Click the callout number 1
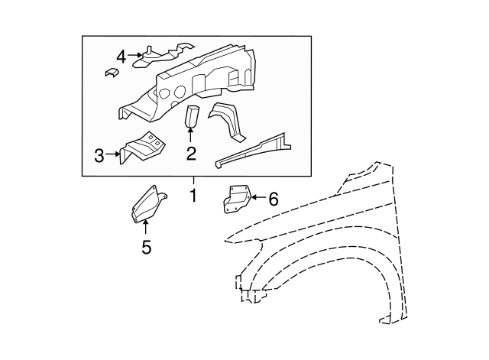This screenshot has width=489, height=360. coord(193,196)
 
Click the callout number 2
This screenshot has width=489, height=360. coord(191,154)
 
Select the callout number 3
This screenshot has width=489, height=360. coord(99,156)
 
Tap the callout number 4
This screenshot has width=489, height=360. coord(121,56)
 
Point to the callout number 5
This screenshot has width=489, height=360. coord(146,247)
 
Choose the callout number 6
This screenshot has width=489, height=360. coord(273,199)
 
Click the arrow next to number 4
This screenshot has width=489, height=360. coord(136,55)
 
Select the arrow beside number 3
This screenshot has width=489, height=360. coord(115,154)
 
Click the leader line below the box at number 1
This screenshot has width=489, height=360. coord(193,181)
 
